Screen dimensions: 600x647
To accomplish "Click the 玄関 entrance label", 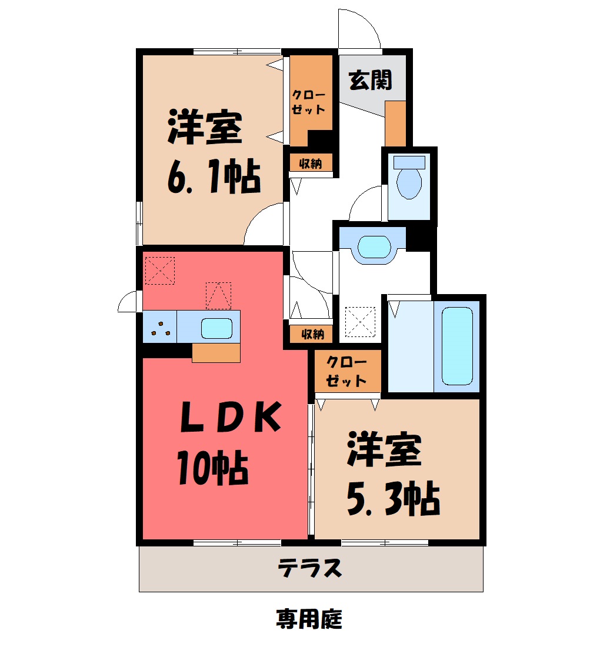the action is pyautogui.click(x=370, y=80).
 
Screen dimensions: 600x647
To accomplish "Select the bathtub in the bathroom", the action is pyautogui.click(x=457, y=346).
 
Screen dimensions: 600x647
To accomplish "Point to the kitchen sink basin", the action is pyautogui.click(x=216, y=328).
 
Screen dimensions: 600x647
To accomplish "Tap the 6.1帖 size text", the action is pyautogui.click(x=214, y=176).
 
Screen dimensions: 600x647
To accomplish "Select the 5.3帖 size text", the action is pyautogui.click(x=394, y=498).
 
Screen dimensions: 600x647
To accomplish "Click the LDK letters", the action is pyautogui.click(x=231, y=417).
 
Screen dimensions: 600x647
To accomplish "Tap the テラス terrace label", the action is pyautogui.click(x=310, y=568).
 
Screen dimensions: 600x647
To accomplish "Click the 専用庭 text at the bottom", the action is pyautogui.click(x=309, y=619).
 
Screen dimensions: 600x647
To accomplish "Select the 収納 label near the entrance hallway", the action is pyautogui.click(x=311, y=164).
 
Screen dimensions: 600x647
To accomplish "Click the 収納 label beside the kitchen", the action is pyautogui.click(x=312, y=334).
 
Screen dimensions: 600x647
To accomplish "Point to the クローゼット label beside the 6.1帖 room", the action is pyautogui.click(x=309, y=102).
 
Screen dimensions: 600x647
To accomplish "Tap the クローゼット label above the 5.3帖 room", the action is pyautogui.click(x=346, y=371).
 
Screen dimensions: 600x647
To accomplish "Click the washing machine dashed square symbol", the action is pyautogui.click(x=360, y=322).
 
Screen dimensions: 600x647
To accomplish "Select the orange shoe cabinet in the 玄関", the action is pyautogui.click(x=395, y=124).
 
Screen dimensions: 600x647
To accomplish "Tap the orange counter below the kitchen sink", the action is pyautogui.click(x=216, y=353).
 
